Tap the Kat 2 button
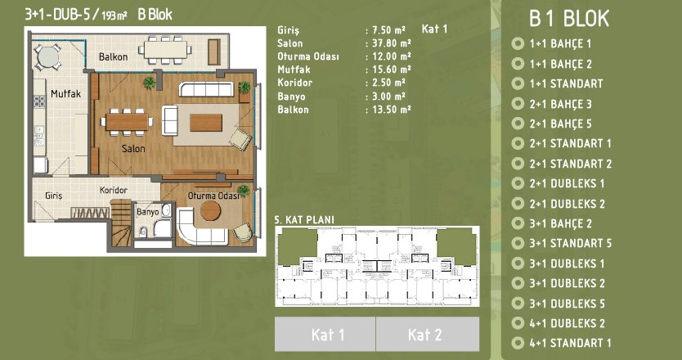[x=428, y=334]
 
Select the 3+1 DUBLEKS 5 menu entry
[x=567, y=304]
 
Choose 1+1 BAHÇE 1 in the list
[x=560, y=43]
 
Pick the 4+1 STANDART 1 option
[x=570, y=343]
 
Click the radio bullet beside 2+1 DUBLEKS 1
[x=518, y=183]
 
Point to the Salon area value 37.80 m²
[x=392, y=43]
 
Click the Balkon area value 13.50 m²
[x=392, y=110]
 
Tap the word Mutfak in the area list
[x=294, y=70]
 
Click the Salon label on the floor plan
[x=133, y=148]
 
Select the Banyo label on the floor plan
[x=148, y=213]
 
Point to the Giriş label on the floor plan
[x=53, y=196]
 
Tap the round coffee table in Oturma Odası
[x=210, y=210]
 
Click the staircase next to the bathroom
[x=121, y=223]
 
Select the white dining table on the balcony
[x=166, y=49]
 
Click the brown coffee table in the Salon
[x=206, y=123]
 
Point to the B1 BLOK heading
[x=569, y=19]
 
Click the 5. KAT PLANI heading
[x=304, y=220]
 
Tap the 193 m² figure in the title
[x=114, y=16]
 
